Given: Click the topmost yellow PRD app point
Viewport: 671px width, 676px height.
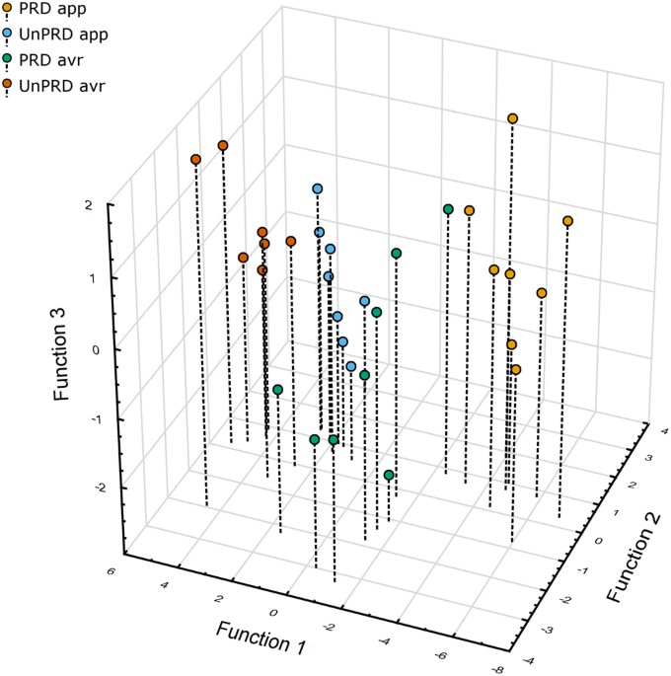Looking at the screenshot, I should (x=513, y=118).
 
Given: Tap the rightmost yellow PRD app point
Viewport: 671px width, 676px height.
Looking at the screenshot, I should (x=567, y=221).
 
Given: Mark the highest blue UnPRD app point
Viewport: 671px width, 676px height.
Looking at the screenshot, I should (x=318, y=188).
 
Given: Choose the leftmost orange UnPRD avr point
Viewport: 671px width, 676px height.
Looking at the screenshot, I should (x=195, y=160).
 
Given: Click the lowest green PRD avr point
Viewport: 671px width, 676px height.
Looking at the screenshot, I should (x=389, y=476).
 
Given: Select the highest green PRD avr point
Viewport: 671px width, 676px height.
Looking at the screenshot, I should (x=448, y=209).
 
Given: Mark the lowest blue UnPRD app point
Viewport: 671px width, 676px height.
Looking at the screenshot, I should (x=351, y=366).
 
